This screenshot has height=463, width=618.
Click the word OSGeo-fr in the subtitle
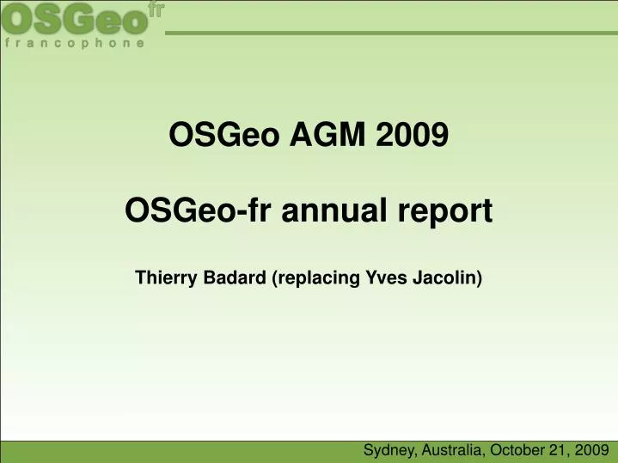coord(183,210)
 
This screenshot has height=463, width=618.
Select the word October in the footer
coord(518,449)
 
